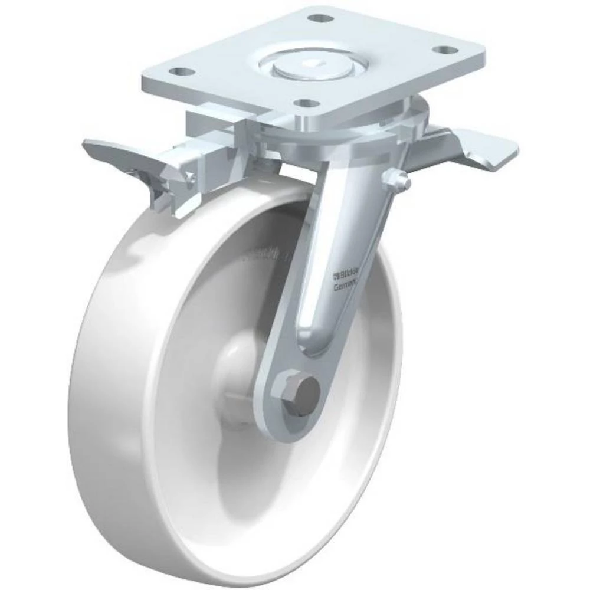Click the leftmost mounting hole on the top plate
tap(183, 72)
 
